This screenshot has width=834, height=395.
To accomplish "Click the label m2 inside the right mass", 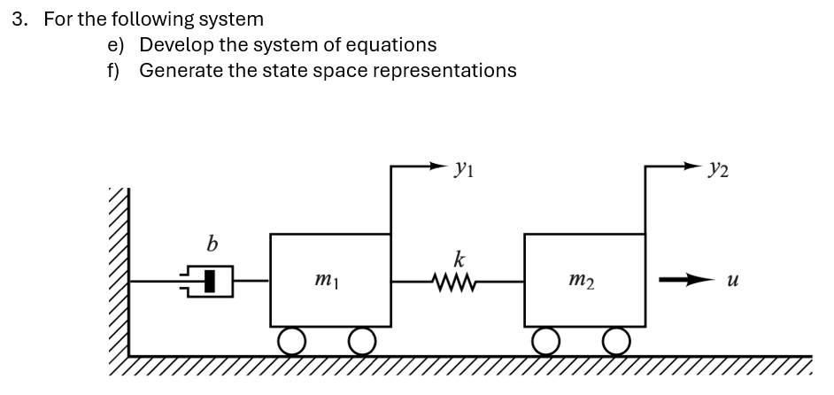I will coord(583,282).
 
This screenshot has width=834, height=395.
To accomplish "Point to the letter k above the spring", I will coord(459,260).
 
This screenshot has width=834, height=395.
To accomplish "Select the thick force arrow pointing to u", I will coord(682,281).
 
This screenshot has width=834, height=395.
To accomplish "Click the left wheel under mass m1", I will coord(293,339).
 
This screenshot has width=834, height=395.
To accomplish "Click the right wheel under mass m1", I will coord(361,339).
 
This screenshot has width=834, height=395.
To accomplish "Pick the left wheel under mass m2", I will coord(547,339).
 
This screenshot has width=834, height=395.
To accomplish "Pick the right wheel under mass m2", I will coord(616,339).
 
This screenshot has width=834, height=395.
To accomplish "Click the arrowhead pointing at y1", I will coord(443,165).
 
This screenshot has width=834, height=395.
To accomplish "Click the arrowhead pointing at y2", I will coord(697,165).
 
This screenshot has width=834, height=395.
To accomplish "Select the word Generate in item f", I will coord(180,70).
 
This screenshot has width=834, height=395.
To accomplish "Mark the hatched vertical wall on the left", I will coord(119,275).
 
